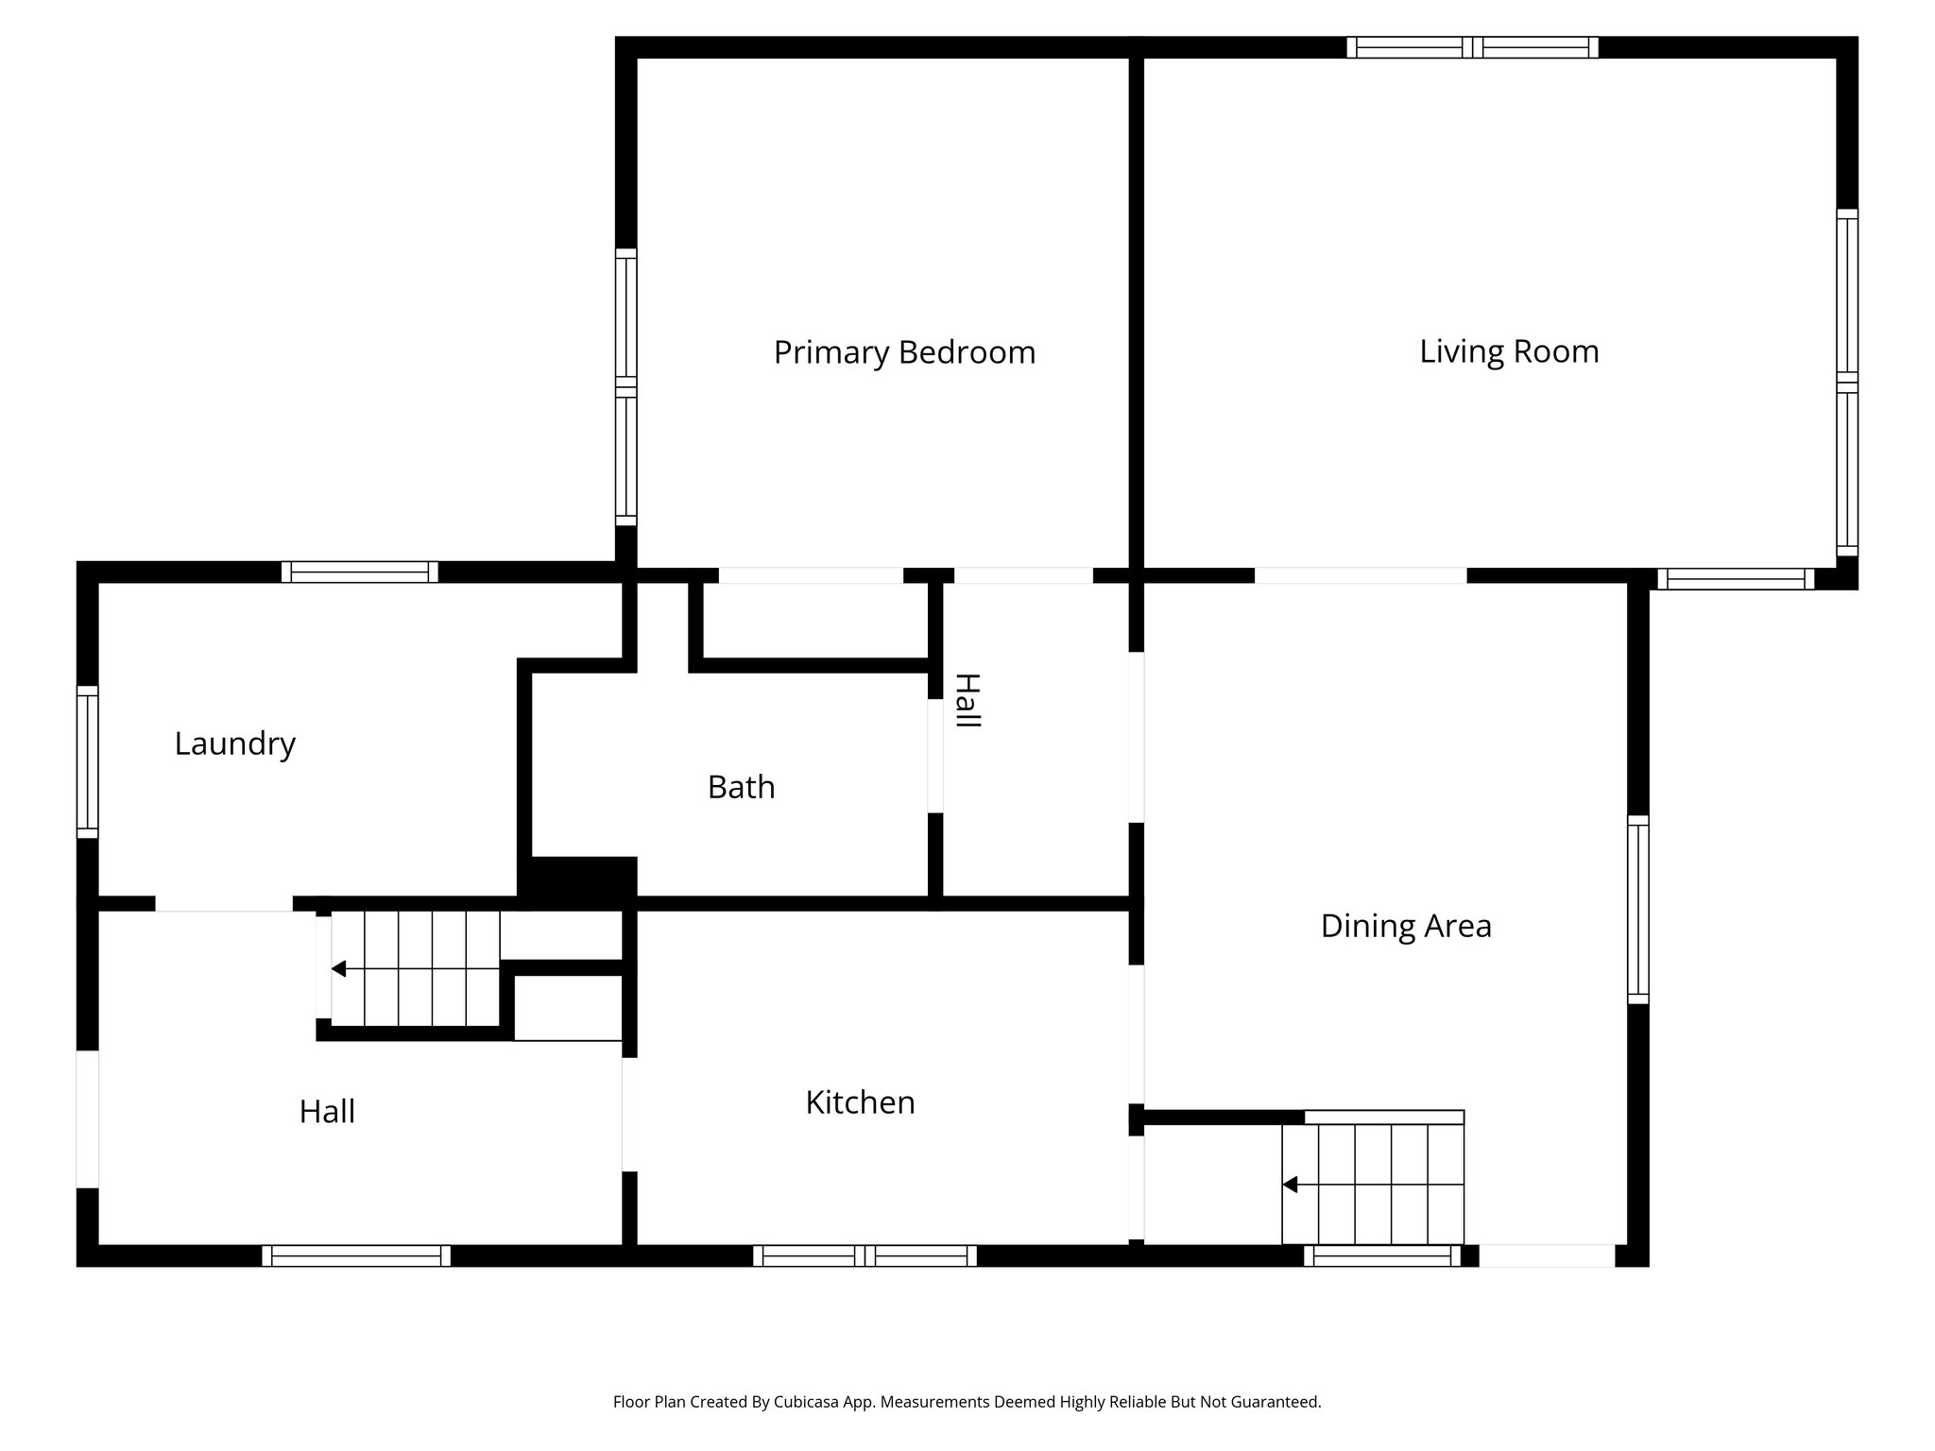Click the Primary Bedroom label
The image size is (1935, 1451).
[x=904, y=352]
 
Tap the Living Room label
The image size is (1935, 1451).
[x=1509, y=351]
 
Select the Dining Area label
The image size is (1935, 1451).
[x=1405, y=926]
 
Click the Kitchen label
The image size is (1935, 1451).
[x=860, y=1102]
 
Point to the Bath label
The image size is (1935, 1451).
[x=741, y=787]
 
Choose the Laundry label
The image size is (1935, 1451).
[x=234, y=743]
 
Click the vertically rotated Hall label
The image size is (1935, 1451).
[x=967, y=700]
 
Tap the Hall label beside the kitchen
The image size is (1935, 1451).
[x=327, y=1112]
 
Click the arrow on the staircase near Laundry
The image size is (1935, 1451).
[x=338, y=969]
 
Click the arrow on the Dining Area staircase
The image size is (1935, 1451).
[x=1290, y=1185]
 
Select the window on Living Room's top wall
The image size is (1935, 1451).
[x=1472, y=47]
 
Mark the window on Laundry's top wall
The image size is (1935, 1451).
[x=359, y=572]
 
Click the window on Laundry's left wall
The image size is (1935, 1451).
[x=87, y=761]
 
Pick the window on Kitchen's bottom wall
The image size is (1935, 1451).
[x=865, y=1255]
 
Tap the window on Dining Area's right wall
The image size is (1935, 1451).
[x=1637, y=909]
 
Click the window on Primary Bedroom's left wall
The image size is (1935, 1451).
[x=625, y=387]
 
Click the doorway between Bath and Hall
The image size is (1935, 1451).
[x=934, y=756]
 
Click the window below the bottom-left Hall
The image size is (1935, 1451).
[x=356, y=1255]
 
